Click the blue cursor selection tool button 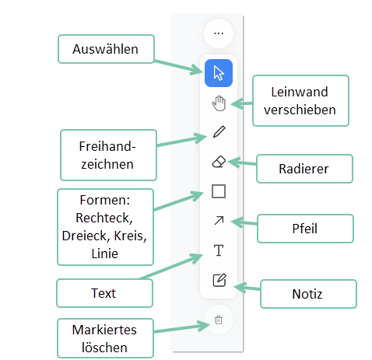(x=219, y=73)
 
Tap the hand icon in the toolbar (x=219, y=103)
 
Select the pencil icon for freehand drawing (x=219, y=131)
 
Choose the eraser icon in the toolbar (x=219, y=162)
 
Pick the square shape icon (x=219, y=191)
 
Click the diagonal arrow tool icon (x=219, y=221)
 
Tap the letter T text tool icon (x=219, y=250)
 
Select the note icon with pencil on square (x=219, y=280)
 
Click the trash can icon (x=219, y=320)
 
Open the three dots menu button (x=219, y=33)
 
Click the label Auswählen (x=105, y=49)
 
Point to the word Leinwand (x=300, y=92)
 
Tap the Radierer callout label (x=304, y=169)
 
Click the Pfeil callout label (x=305, y=229)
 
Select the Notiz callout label (x=307, y=294)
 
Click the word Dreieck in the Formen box (x=85, y=236)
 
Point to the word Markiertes (x=104, y=330)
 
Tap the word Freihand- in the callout (x=107, y=146)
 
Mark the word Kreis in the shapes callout (x=130, y=236)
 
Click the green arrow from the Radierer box (x=242, y=163)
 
